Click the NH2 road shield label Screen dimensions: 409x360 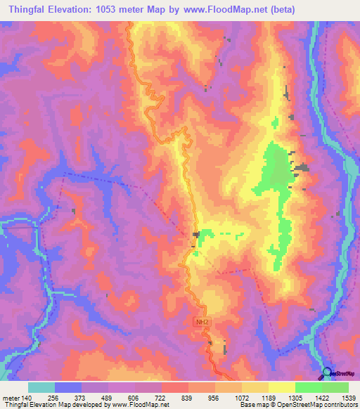point(202,322)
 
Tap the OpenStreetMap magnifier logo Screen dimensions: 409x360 point(326,372)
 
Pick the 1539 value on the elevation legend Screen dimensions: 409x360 point(348,397)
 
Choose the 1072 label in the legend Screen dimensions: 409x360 point(241,397)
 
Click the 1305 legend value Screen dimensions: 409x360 point(295,397)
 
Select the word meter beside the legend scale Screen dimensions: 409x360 point(11,397)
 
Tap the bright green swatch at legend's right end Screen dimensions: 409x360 point(335,387)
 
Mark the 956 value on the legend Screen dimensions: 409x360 point(215,397)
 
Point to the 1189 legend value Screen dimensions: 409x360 point(268,397)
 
